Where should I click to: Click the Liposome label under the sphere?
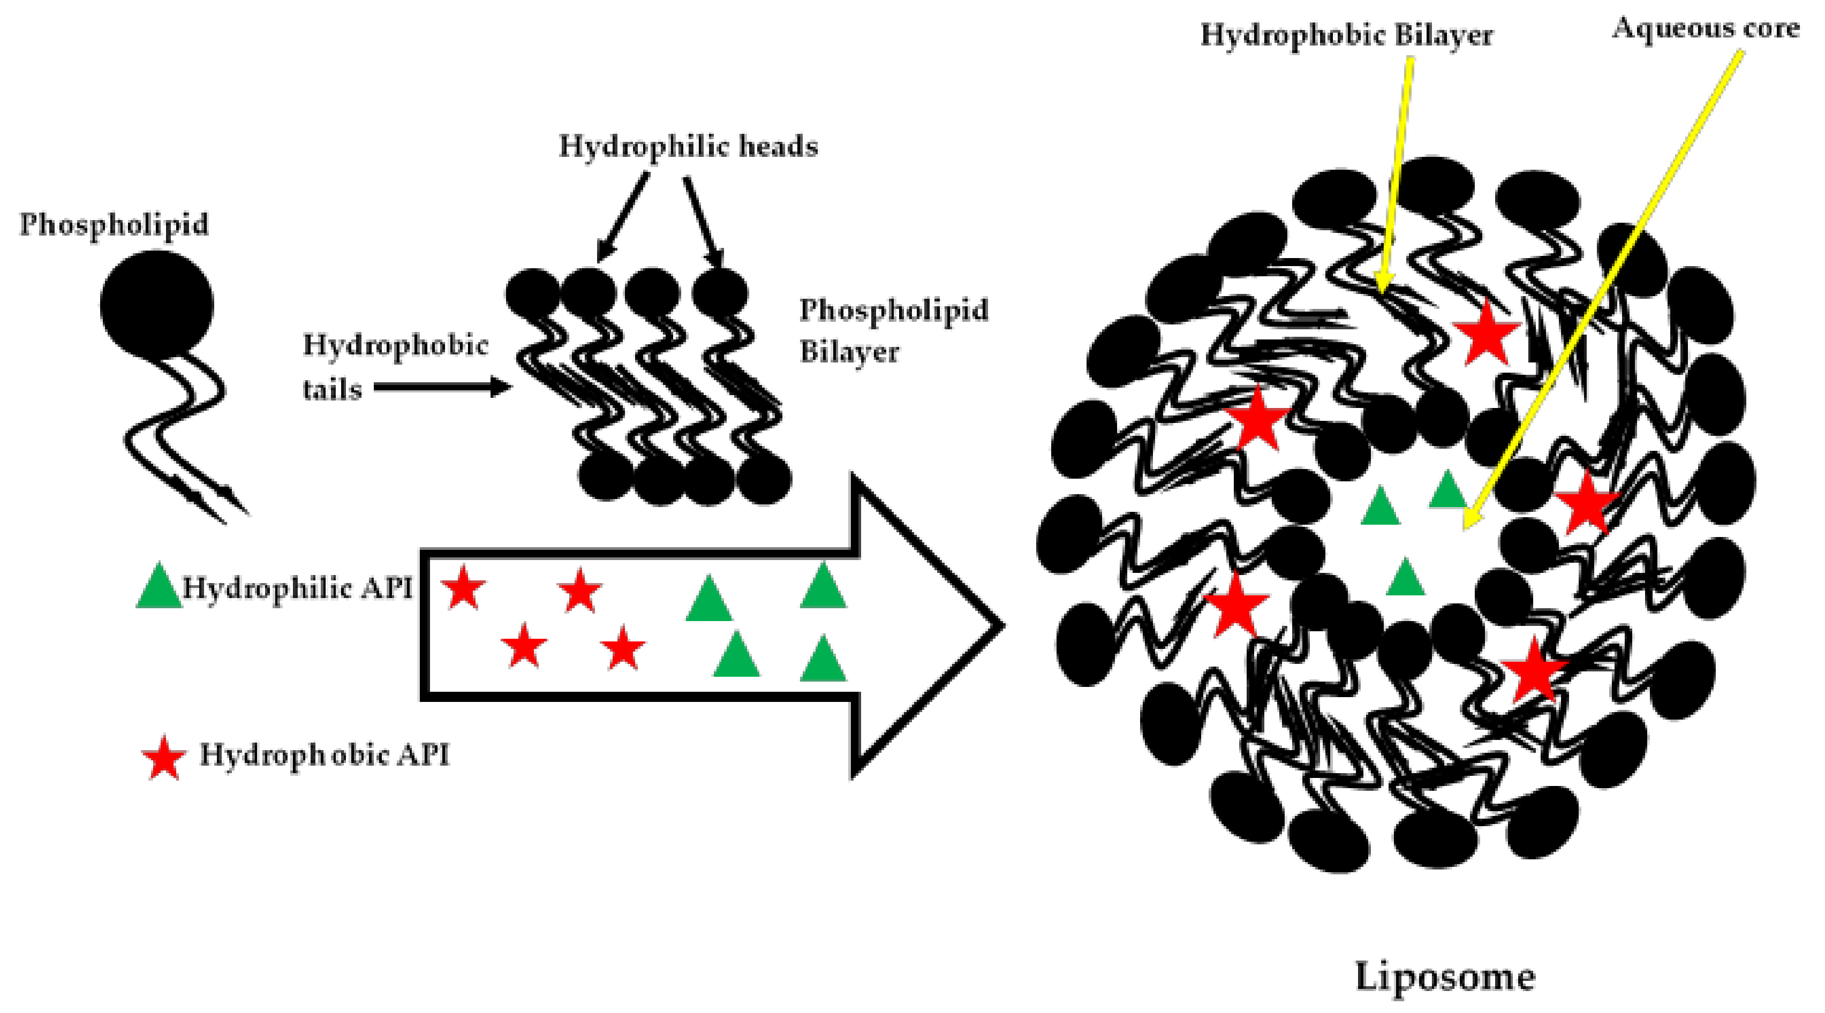(x=1445, y=977)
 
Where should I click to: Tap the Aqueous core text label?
(x=1706, y=28)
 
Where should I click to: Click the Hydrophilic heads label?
(x=688, y=147)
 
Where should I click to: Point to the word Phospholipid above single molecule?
(x=114, y=224)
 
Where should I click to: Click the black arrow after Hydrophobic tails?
(x=443, y=388)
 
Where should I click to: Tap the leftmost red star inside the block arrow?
(x=463, y=587)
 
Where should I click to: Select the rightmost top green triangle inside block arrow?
(x=823, y=587)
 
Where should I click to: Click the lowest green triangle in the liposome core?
(x=1405, y=579)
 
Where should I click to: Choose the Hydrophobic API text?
(x=325, y=755)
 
